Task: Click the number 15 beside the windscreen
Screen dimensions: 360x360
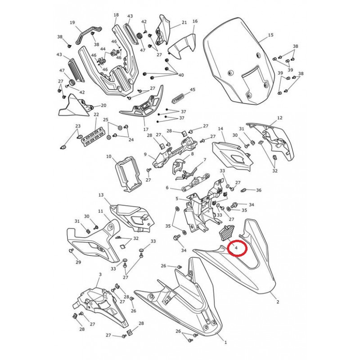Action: [x=271, y=35]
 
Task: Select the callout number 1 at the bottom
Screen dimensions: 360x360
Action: [x=226, y=342]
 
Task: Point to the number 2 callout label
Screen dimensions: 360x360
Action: [x=278, y=302]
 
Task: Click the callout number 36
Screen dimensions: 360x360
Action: [x=259, y=190]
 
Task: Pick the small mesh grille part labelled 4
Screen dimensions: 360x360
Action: [x=226, y=233]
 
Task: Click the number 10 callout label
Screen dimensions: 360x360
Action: [x=108, y=157]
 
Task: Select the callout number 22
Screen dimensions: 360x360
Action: [x=96, y=114]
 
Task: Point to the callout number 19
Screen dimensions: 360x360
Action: [x=72, y=22]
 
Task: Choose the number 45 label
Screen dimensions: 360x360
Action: [x=193, y=89]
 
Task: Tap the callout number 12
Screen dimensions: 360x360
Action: [x=279, y=118]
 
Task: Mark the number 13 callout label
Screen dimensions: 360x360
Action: [x=101, y=195]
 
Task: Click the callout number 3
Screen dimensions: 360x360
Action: [x=100, y=274]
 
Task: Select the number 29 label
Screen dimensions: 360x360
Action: [x=78, y=262]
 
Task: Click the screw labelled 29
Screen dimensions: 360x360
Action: [x=71, y=251]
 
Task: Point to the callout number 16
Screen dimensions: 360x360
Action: [x=195, y=21]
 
